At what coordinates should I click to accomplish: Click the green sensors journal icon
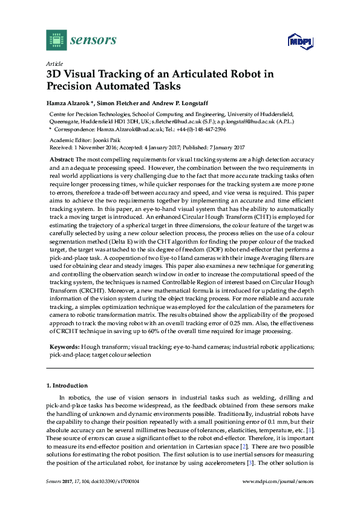[x=56, y=40]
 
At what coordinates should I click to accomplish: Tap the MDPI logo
[x=297, y=42]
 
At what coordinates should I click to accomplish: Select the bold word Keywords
[x=63, y=347]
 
